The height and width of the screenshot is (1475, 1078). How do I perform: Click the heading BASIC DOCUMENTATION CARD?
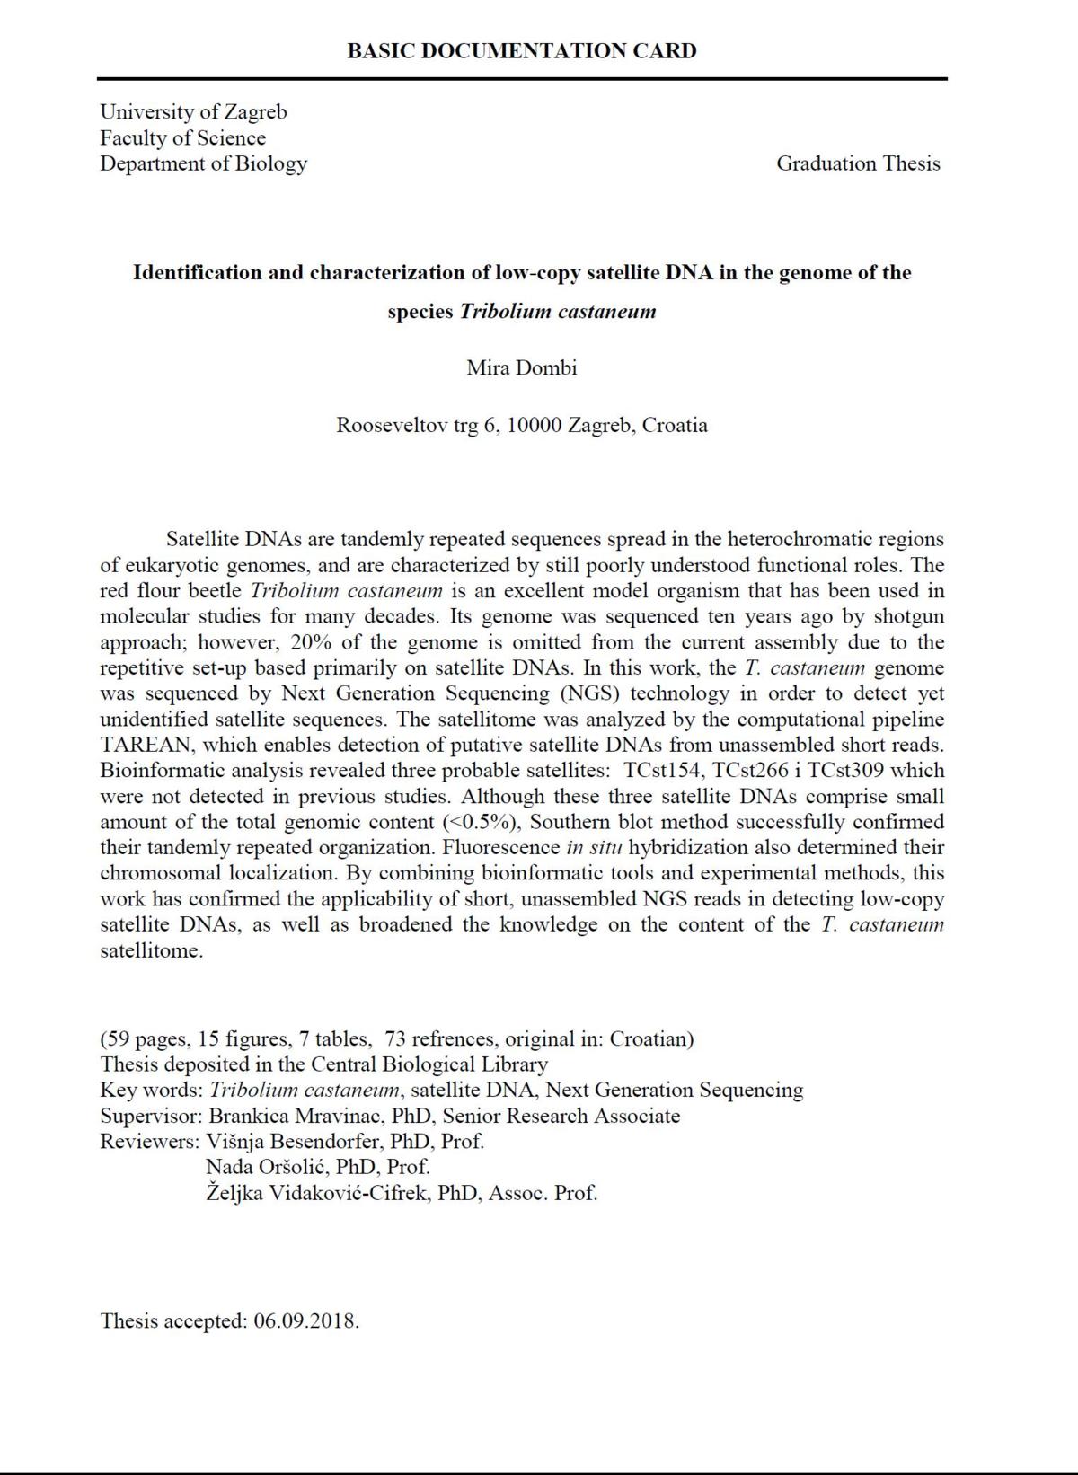click(521, 51)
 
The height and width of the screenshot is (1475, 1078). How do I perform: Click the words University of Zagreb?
click(193, 112)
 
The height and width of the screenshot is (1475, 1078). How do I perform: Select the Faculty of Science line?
click(182, 138)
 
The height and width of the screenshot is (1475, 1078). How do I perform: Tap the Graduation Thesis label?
click(858, 163)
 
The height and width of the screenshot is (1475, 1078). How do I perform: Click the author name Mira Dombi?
click(521, 367)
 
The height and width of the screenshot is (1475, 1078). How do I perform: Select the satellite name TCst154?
click(661, 771)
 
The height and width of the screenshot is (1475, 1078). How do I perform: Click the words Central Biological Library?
click(429, 1065)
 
